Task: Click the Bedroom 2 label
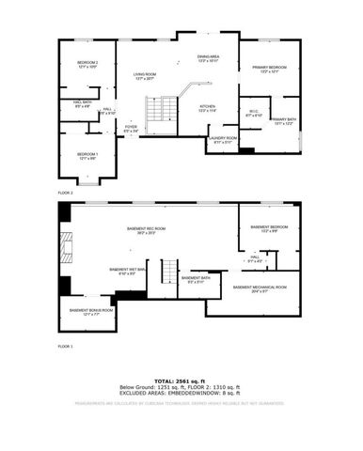(x=87, y=65)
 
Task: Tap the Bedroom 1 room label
(x=87, y=155)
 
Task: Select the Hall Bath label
(x=82, y=104)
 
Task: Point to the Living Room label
(x=145, y=76)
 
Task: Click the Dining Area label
(x=208, y=59)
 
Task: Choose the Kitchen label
(x=208, y=108)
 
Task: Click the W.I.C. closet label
(x=253, y=114)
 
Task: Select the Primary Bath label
(x=283, y=121)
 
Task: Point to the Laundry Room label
(x=223, y=140)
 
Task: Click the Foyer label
(x=131, y=128)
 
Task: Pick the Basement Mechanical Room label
(x=260, y=288)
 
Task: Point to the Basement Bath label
(x=197, y=280)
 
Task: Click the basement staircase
(x=167, y=272)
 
